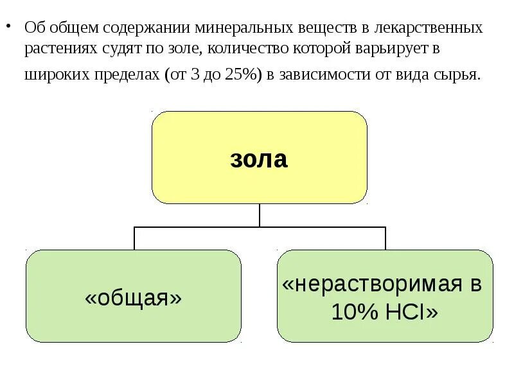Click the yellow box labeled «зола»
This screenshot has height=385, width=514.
(x=259, y=158)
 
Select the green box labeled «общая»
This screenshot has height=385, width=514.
(x=134, y=296)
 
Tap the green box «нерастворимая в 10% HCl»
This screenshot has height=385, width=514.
(x=385, y=296)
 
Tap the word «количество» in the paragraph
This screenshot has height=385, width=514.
(x=259, y=49)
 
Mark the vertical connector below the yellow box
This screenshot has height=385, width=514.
(x=259, y=216)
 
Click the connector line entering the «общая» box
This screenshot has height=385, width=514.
(x=134, y=238)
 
